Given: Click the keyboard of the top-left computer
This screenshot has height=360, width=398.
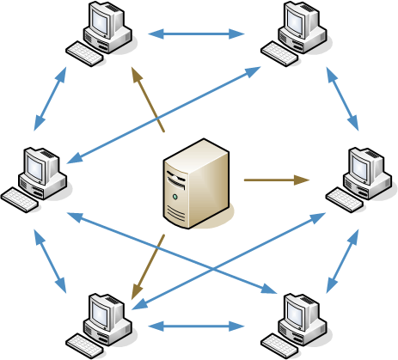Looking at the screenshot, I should pos(84,55).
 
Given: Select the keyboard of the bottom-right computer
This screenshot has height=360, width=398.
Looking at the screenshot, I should pos(279,345).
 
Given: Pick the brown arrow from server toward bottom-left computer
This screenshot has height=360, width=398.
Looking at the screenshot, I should pos(148,266).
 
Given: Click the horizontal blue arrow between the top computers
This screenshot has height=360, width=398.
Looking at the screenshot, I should pos(196,34).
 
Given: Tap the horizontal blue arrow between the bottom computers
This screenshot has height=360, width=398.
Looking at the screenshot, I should pos(196,326).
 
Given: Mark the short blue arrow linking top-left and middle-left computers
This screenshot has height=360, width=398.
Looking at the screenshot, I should pos(49,99).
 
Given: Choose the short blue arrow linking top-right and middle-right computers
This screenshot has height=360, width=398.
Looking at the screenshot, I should pos(342,99).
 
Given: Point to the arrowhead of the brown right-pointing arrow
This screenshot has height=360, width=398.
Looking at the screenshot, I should pos(303,180).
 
